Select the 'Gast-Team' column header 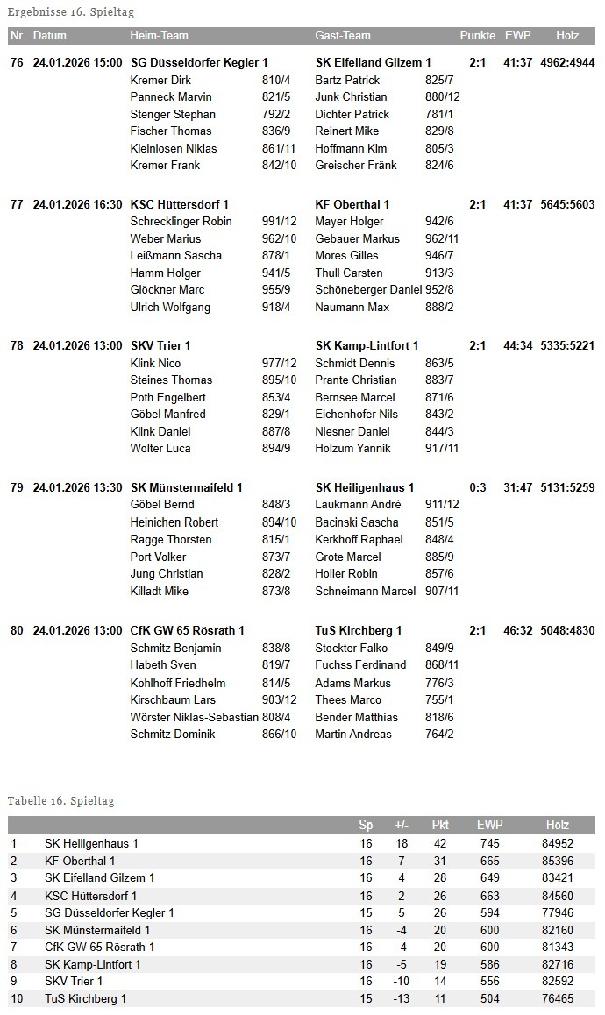click(343, 36)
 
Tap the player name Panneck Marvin click(171, 96)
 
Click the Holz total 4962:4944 click(567, 62)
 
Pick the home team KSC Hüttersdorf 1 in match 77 click(180, 204)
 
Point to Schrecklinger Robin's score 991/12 click(280, 221)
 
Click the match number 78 click(17, 345)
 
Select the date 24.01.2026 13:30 click(77, 487)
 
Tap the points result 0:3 click(478, 487)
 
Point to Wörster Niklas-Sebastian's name click(194, 717)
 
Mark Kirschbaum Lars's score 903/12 click(280, 699)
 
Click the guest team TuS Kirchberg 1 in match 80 click(359, 630)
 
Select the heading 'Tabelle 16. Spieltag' click(60, 800)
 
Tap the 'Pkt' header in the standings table click(440, 825)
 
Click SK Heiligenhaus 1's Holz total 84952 click(558, 843)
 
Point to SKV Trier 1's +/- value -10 click(402, 981)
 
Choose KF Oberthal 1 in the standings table click(80, 861)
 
